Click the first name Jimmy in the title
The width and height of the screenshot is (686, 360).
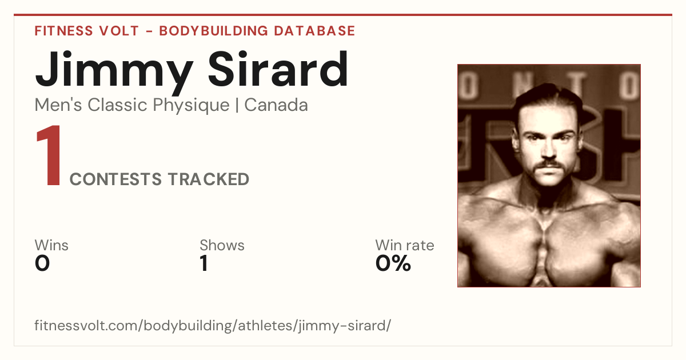[x=114, y=72]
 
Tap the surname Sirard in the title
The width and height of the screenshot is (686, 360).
[x=278, y=69]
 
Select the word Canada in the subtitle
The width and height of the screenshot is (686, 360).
[x=276, y=105]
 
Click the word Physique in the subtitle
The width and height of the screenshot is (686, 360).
[x=191, y=106]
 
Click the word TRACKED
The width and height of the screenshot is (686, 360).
[x=209, y=179]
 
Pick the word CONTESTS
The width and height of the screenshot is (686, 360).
[x=115, y=179]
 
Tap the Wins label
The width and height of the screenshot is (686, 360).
[x=51, y=245]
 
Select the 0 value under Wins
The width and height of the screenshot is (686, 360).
[x=42, y=263]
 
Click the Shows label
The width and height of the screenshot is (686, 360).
[x=222, y=245]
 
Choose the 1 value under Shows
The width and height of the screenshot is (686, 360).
[x=204, y=263]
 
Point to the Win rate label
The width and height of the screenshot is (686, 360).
[x=405, y=245]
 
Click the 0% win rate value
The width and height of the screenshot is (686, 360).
[x=393, y=263]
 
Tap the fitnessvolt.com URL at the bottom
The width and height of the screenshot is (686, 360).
[x=213, y=326]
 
